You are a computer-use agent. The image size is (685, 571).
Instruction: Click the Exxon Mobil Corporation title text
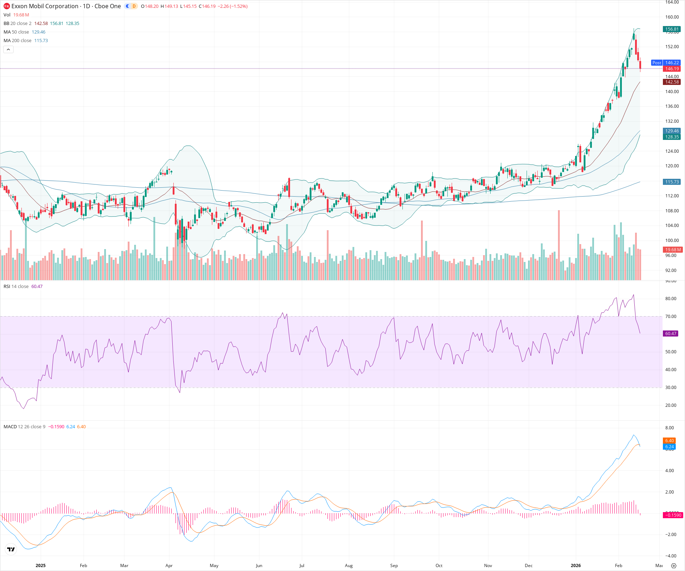45,6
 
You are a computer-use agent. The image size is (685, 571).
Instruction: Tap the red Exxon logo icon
6,6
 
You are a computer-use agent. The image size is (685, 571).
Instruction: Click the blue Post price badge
656,63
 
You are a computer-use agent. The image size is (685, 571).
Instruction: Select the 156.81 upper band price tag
672,29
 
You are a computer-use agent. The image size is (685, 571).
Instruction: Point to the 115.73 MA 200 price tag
672,182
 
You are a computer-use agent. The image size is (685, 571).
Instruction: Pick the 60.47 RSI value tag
671,334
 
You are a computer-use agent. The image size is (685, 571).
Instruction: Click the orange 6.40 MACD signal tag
669,441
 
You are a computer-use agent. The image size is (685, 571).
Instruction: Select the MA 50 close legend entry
16,32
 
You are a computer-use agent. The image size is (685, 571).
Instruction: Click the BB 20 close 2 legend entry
17,24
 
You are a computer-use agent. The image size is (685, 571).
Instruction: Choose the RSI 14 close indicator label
16,287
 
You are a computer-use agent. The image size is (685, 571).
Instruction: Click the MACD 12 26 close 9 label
25,427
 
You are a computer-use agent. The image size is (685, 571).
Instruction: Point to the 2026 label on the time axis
575,566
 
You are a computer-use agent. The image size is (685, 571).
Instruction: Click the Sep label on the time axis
394,566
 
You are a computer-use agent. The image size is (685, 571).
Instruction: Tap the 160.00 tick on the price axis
672,17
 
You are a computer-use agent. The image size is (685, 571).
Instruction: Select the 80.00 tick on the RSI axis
671,299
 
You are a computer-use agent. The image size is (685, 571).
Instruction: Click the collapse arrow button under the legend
8,50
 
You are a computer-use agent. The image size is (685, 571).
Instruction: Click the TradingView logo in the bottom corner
11,549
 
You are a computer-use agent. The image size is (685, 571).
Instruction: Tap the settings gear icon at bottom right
674,566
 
